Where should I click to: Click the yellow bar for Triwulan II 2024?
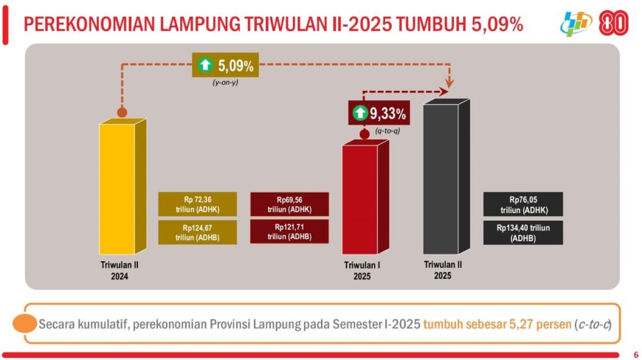pyautogui.click(x=122, y=187)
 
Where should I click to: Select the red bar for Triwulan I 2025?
pyautogui.click(x=365, y=197)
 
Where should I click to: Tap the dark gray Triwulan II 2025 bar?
pyautogui.click(x=446, y=177)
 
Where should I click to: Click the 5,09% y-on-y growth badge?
pyautogui.click(x=225, y=65)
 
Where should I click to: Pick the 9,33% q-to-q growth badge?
pyautogui.click(x=379, y=113)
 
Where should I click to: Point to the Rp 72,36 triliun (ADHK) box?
pyautogui.click(x=198, y=204)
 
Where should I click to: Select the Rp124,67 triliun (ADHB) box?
pyautogui.click(x=198, y=232)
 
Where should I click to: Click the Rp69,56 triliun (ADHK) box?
pyautogui.click(x=289, y=204)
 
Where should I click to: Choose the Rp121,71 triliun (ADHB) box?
pyautogui.click(x=289, y=232)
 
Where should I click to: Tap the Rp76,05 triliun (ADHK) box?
pyautogui.click(x=523, y=204)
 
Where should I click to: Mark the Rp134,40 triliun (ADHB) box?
pyautogui.click(x=523, y=233)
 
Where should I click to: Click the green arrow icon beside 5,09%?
pyautogui.click(x=205, y=65)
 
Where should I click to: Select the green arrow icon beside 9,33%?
pyautogui.click(x=360, y=113)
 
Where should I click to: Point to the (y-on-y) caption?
pyautogui.click(x=225, y=83)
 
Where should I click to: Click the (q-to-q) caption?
pyautogui.click(x=387, y=131)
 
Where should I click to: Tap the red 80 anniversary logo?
pyautogui.click(x=613, y=23)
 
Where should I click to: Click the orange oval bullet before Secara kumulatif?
pyautogui.click(x=25, y=324)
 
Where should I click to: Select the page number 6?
pyautogui.click(x=636, y=355)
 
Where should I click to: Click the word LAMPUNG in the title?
pyautogui.click(x=201, y=24)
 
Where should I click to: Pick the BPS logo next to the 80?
pyautogui.click(x=576, y=24)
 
